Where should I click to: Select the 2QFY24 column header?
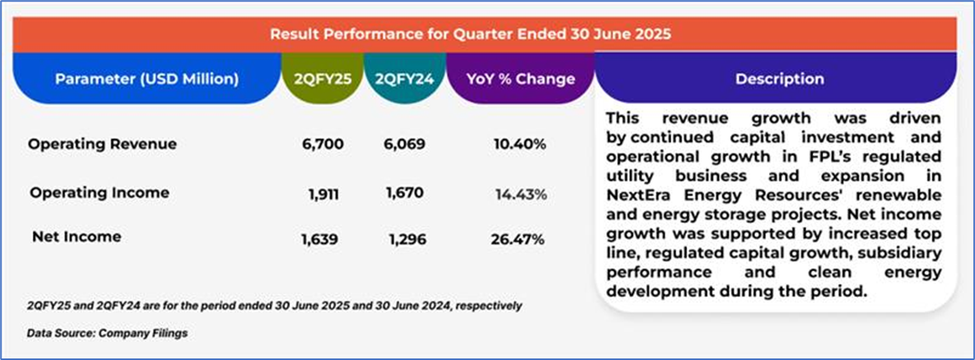pos(399,79)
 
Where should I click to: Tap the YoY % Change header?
pos(520,79)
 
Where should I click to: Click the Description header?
pos(779,79)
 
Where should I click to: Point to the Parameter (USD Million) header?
pos(147,79)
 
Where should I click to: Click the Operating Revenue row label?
pos(102,144)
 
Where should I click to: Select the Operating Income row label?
pos(99,192)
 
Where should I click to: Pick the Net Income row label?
pos(76,237)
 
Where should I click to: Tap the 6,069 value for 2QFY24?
pos(404,145)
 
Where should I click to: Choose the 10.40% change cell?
pos(519,145)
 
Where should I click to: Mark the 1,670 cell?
pos(404,193)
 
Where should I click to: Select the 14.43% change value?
pos(521,194)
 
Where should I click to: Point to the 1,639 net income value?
pos(320,239)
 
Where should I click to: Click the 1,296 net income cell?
pos(407,239)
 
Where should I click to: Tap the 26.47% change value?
pos(517,239)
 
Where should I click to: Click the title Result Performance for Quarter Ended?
pos(470,34)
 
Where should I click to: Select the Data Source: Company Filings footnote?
pos(107,334)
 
